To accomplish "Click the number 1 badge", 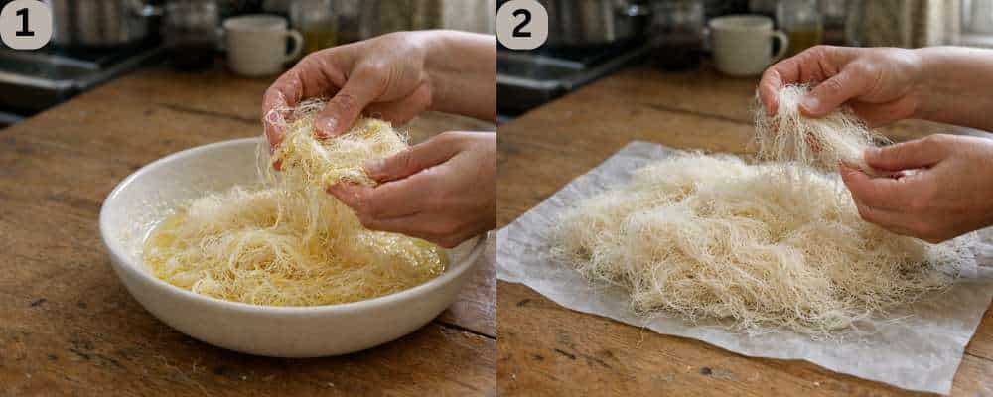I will pyautogui.click(x=25, y=24).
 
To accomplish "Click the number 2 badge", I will pyautogui.click(x=521, y=24).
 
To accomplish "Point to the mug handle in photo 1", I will pyautogui.click(x=292, y=42).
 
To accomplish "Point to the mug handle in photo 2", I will pyautogui.click(x=780, y=42).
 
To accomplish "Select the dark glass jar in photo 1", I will pyautogui.click(x=191, y=36).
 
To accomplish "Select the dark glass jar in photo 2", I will pyautogui.click(x=677, y=36).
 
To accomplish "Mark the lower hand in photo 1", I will pyautogui.click(x=427, y=189).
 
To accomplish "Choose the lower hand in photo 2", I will pyautogui.click(x=919, y=184).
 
